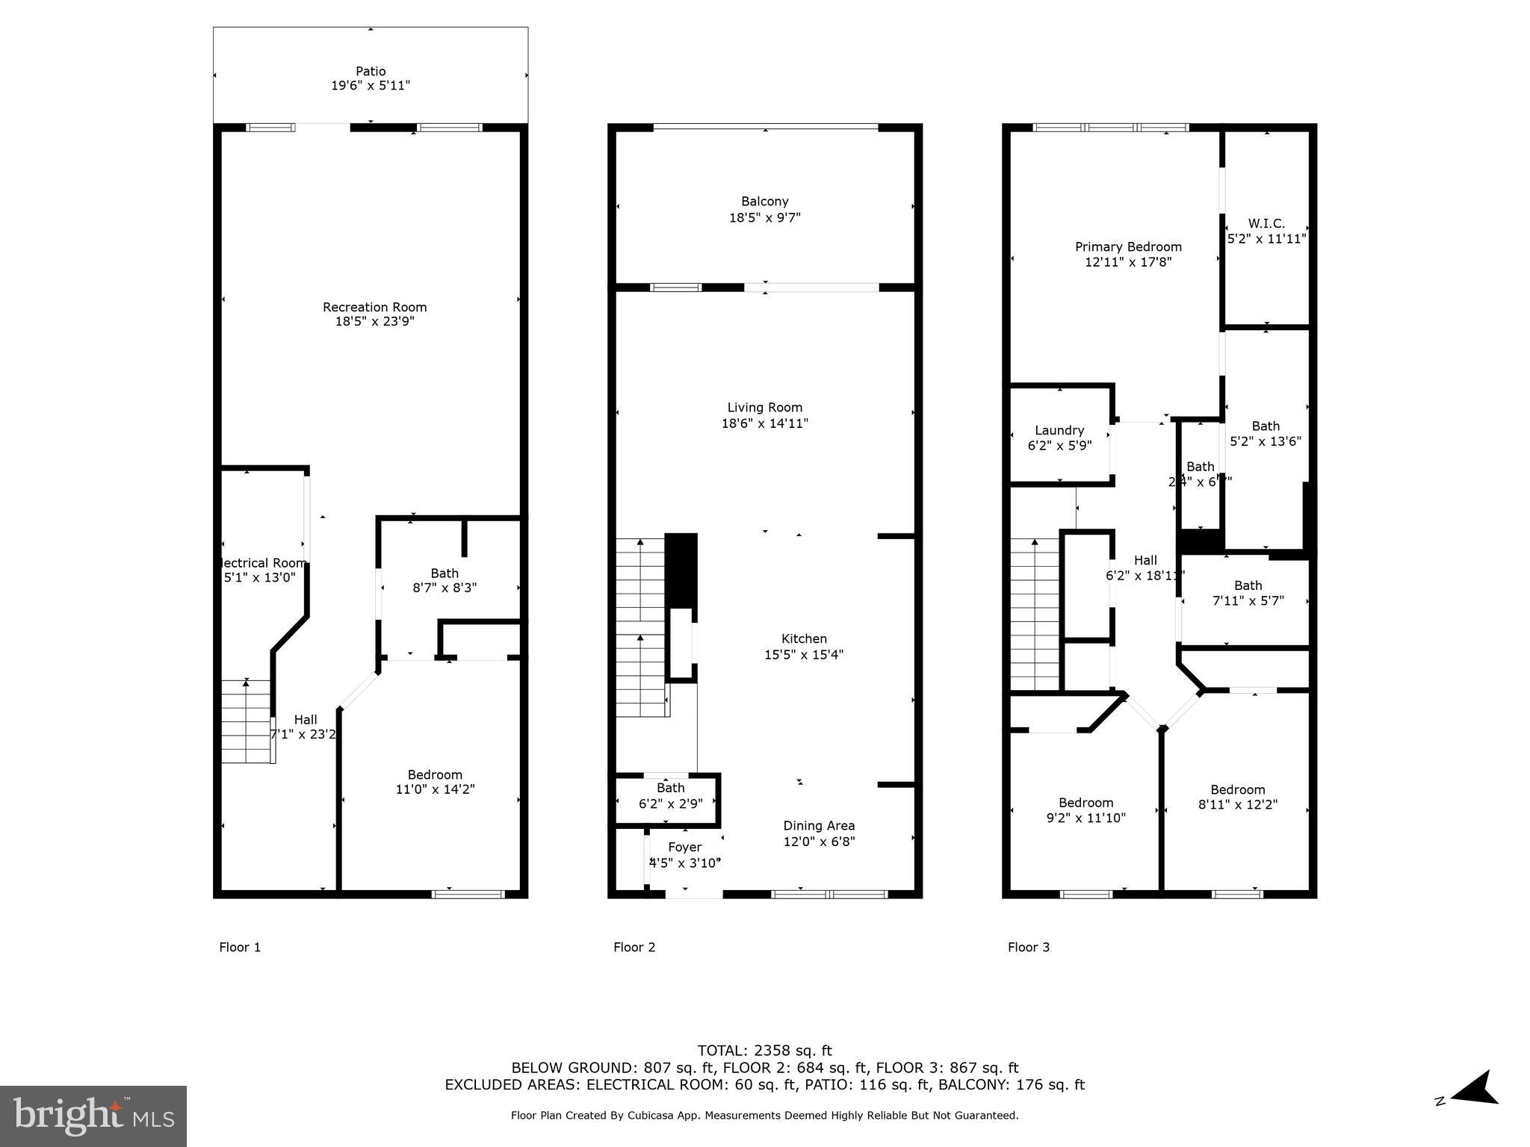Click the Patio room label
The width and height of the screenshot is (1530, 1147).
(371, 72)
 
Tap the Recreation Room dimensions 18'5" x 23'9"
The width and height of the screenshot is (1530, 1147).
(374, 322)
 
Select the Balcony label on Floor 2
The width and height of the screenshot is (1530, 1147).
(764, 202)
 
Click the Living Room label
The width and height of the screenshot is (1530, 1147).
(764, 408)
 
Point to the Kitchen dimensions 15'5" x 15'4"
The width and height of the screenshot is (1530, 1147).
(804, 655)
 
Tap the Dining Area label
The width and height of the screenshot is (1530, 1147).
(819, 826)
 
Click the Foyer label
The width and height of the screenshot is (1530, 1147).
(684, 848)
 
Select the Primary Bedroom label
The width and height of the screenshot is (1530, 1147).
(1127, 247)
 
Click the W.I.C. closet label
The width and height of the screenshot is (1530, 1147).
(1266, 224)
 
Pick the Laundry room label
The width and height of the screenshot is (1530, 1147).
(1059, 431)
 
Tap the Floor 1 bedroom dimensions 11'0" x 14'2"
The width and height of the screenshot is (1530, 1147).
(435, 789)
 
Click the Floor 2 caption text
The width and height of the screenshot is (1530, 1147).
(634, 948)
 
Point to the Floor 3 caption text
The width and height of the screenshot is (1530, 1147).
(1028, 948)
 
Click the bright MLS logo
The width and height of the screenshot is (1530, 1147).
(93, 1116)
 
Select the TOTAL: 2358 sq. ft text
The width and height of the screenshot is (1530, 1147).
(764, 1051)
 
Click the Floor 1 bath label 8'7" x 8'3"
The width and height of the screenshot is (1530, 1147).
(445, 581)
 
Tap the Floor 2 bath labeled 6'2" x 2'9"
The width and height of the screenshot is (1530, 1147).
(670, 796)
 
